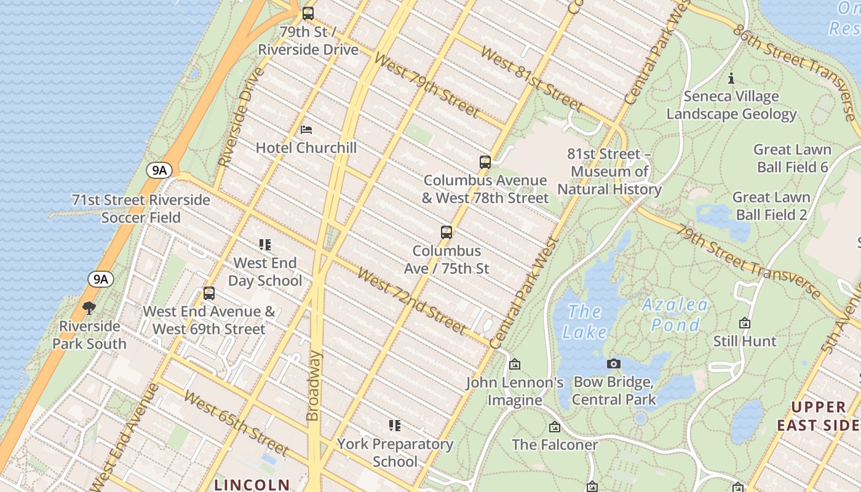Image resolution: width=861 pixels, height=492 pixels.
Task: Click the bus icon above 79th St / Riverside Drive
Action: tap(308, 13)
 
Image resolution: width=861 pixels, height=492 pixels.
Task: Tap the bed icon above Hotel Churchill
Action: tap(306, 130)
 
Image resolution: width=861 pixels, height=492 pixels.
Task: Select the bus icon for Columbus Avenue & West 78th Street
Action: tap(485, 162)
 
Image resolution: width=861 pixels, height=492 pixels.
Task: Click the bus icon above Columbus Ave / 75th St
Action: tap(446, 232)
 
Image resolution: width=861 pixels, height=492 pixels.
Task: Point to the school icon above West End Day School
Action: tap(265, 245)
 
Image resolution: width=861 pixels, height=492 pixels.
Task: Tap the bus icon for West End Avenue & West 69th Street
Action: tap(209, 293)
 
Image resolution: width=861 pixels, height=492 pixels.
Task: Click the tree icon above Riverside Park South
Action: tap(89, 307)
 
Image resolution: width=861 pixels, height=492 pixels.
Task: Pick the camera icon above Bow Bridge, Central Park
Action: tap(613, 364)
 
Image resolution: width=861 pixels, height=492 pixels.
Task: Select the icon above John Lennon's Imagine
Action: tap(515, 365)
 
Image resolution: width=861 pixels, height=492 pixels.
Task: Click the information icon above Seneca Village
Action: tap(731, 78)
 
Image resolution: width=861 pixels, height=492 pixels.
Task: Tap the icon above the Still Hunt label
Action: tap(745, 323)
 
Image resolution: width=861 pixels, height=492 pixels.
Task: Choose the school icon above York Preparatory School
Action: tap(395, 426)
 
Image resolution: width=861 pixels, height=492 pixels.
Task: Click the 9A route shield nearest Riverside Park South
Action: tap(101, 279)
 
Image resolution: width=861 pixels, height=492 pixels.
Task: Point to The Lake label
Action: tap(584, 322)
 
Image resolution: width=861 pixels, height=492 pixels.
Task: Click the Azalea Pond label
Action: tap(675, 314)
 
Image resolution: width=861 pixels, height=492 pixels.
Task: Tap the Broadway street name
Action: tap(314, 386)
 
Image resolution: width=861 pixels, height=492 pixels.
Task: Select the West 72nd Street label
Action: tap(411, 300)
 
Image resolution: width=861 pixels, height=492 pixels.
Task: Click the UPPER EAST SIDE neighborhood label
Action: tap(817, 416)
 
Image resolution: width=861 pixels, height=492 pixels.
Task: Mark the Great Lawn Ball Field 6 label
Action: tap(792, 158)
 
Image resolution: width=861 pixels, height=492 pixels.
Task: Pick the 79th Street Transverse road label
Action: tap(748, 262)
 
